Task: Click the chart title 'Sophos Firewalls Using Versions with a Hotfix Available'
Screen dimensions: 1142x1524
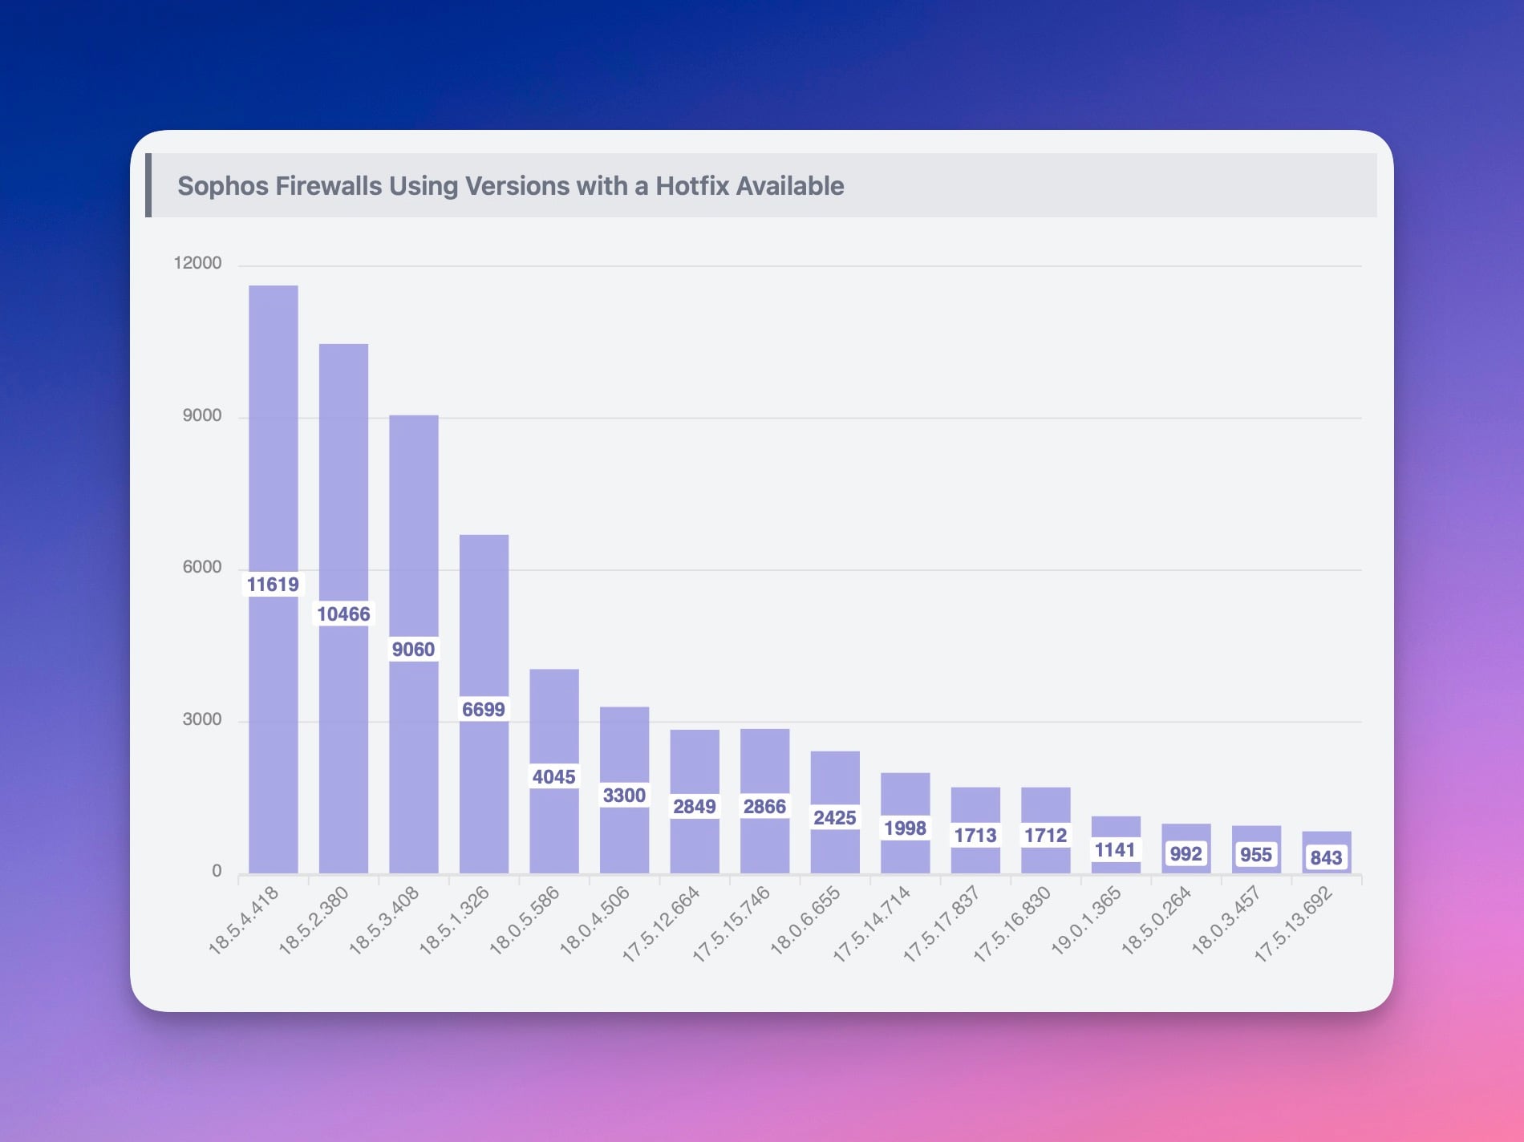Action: pos(510,186)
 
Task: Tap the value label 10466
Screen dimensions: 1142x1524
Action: pos(343,614)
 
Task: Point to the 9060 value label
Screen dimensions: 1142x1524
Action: pos(413,649)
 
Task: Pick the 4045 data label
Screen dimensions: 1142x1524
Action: pos(553,776)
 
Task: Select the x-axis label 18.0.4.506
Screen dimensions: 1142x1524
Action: pos(594,920)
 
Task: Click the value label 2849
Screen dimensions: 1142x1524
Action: pos(694,806)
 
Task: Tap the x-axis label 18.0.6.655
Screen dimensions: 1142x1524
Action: pos(805,920)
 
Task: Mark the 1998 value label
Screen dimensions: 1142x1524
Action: pos(905,828)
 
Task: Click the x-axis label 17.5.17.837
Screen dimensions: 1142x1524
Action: pos(942,923)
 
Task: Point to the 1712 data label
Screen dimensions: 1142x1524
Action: pos(1045,835)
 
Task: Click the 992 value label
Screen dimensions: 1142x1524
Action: pos(1186,853)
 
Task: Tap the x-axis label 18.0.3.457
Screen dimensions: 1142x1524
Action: pos(1226,920)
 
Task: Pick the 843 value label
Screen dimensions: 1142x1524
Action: pos(1326,857)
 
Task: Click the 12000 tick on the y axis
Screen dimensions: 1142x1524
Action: pos(197,263)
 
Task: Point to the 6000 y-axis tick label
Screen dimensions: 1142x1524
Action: pos(201,567)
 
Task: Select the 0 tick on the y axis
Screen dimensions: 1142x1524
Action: pos(217,871)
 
